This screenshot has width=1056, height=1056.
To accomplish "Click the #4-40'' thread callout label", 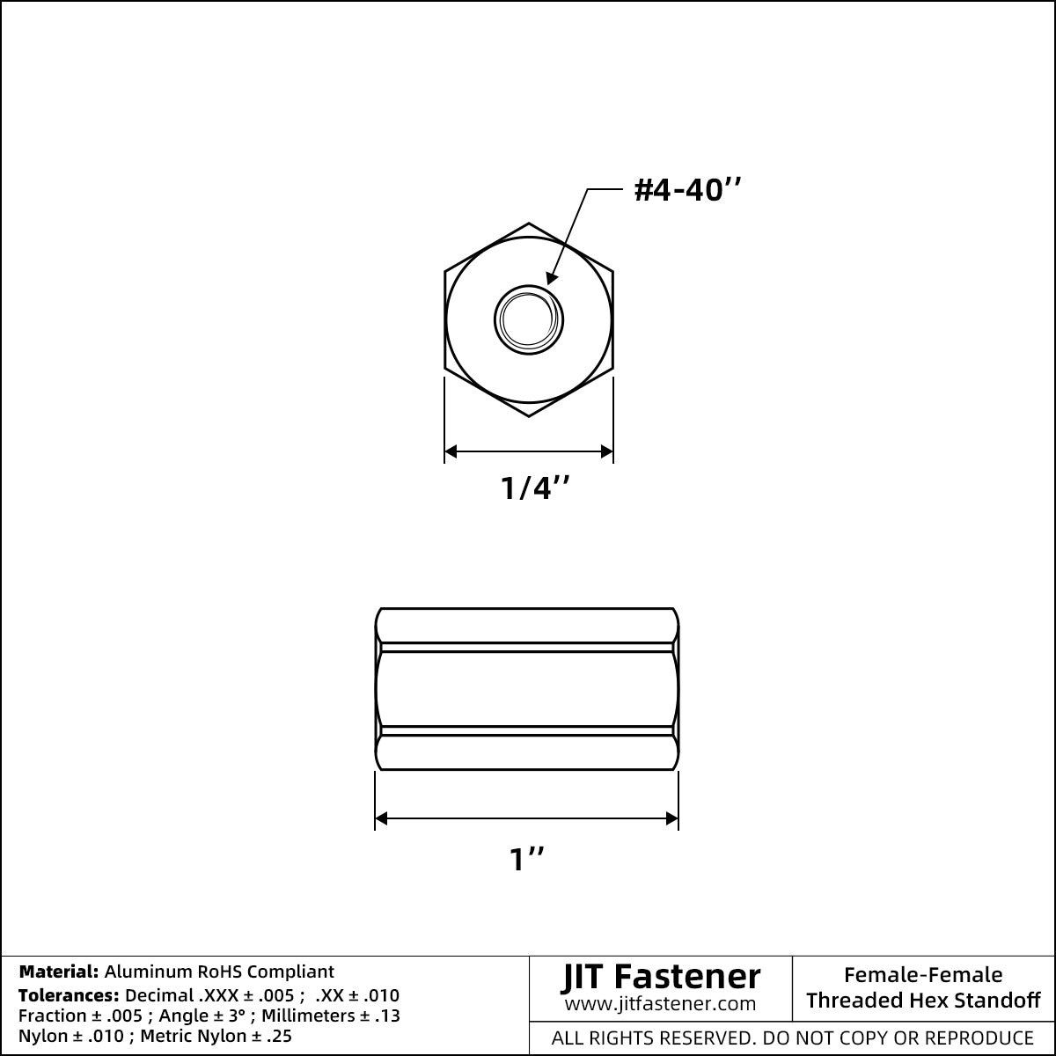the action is (687, 190).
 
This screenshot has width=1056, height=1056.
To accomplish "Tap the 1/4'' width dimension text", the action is (535, 488).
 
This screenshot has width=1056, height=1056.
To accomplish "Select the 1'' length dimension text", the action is (526, 859).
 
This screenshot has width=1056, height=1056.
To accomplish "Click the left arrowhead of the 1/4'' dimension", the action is (451, 451).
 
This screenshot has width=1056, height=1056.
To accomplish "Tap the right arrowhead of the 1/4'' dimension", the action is (606, 451).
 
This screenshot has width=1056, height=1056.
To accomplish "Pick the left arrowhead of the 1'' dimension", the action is (381, 818).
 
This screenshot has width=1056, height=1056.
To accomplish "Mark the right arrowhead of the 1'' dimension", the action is (671, 818).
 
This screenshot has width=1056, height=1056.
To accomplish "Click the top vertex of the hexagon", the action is (529, 223).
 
